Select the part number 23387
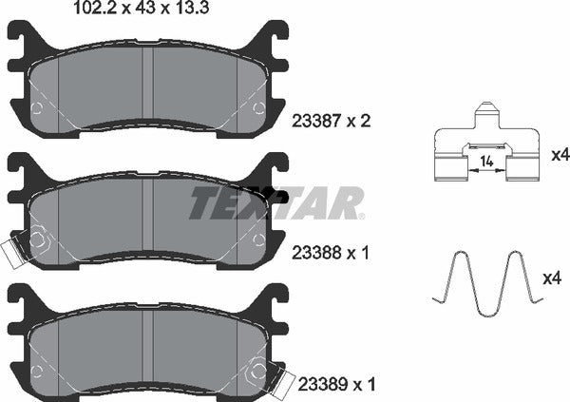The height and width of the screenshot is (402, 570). (x=320, y=123)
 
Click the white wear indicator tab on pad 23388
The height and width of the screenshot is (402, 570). (x=13, y=252)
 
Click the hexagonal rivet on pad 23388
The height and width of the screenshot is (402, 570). (x=38, y=240)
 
